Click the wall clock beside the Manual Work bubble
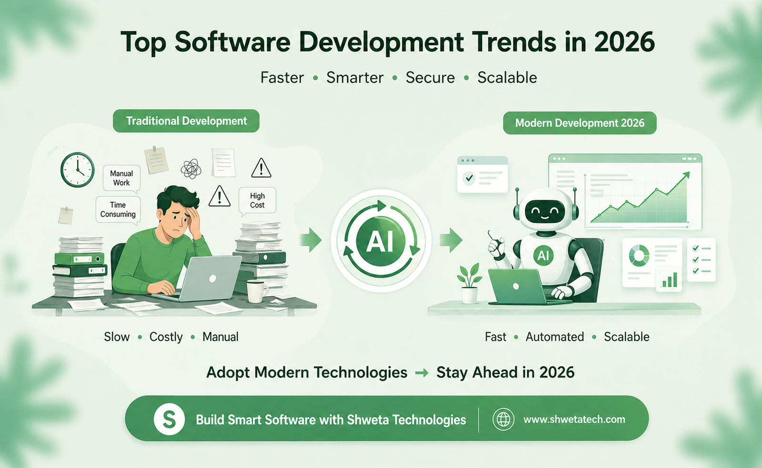[x=77, y=170]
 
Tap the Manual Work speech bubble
[x=121, y=178]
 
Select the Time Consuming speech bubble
[x=118, y=210]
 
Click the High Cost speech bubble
[x=257, y=201]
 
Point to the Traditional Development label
[x=186, y=121]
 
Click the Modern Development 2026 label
[x=580, y=123]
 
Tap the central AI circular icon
[x=381, y=241]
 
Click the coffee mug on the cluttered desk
[x=256, y=290]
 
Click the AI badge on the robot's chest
[x=543, y=256]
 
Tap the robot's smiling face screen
[x=545, y=210]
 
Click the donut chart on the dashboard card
[x=639, y=255]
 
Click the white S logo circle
[x=169, y=419]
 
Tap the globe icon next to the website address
[x=503, y=419]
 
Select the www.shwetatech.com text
[x=574, y=419]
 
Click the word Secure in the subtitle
[x=430, y=78]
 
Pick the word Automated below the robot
[x=554, y=337]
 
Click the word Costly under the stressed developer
[x=166, y=337]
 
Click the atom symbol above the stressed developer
[x=191, y=169]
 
